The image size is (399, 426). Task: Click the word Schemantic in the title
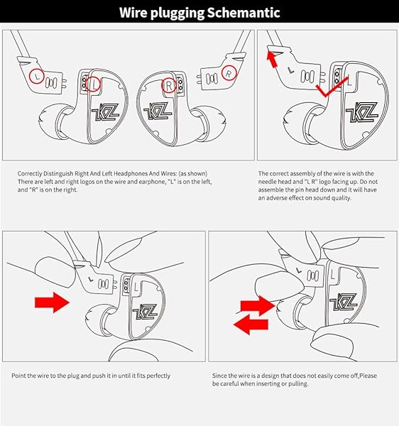pyautogui.click(x=244, y=13)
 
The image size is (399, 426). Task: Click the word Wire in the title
pyautogui.click(x=133, y=12)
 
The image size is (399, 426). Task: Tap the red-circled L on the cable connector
pyautogui.click(x=37, y=76)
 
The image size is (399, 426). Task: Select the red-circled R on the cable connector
pyautogui.click(x=229, y=73)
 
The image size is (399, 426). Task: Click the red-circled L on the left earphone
pyautogui.click(x=93, y=84)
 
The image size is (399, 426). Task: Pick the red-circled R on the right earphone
pyautogui.click(x=170, y=85)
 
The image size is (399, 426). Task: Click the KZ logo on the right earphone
pyautogui.click(x=158, y=111)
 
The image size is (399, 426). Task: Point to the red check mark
pyautogui.click(x=332, y=88)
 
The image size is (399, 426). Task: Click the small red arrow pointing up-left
pyautogui.click(x=272, y=60)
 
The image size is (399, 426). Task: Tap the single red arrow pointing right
pyautogui.click(x=52, y=302)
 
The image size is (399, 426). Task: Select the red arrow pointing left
pyautogui.click(x=251, y=324)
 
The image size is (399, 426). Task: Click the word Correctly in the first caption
pyautogui.click(x=30, y=174)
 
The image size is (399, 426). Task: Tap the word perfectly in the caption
pyautogui.click(x=158, y=376)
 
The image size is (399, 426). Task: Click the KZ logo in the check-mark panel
pyautogui.click(x=361, y=112)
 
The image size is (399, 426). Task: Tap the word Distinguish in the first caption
pyautogui.click(x=58, y=174)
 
